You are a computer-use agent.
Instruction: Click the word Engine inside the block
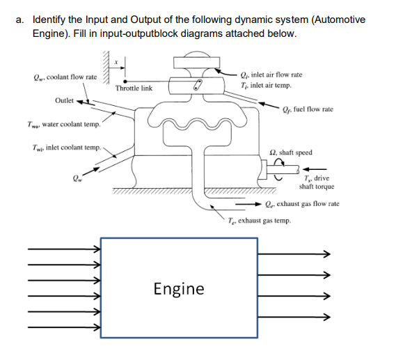click(179, 288)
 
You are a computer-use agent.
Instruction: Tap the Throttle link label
click(134, 88)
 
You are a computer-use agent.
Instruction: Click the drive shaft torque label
click(316, 182)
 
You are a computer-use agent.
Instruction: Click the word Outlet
click(65, 100)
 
